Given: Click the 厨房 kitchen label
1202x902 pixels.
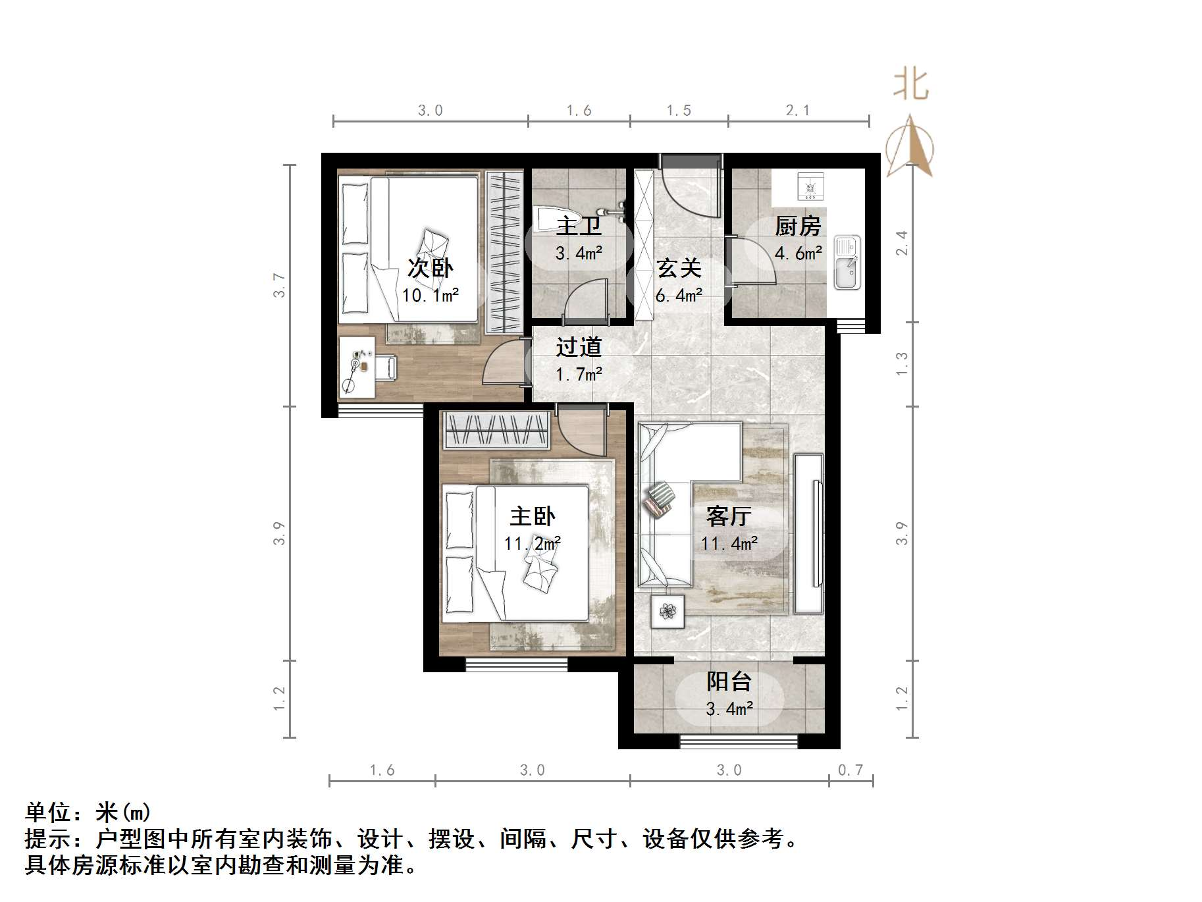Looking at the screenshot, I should click(x=798, y=226).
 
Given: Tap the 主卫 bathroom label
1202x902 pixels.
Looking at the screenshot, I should click(x=579, y=226).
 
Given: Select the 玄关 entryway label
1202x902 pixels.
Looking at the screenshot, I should click(x=679, y=268).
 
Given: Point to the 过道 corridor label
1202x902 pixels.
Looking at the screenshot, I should click(x=579, y=347).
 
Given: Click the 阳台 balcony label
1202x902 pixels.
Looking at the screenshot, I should click(x=729, y=681).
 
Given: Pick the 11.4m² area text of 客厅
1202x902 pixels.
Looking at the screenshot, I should click(x=729, y=544).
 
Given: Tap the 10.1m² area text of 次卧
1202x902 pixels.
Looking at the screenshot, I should click(x=431, y=295).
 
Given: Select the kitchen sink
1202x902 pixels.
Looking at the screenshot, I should click(x=847, y=263).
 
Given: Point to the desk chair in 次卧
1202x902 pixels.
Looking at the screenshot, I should click(x=386, y=367).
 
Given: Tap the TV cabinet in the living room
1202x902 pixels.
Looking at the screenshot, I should click(x=808, y=533).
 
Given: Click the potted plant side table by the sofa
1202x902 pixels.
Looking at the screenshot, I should click(x=667, y=612).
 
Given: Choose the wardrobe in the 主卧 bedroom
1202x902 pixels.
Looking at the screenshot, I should click(x=496, y=431).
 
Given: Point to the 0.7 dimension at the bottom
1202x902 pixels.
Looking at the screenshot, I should click(x=850, y=770).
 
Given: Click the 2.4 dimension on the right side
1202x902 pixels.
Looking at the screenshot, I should click(x=902, y=243).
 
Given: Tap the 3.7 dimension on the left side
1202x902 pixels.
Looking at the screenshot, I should click(x=280, y=285).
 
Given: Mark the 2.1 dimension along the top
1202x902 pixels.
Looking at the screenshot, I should click(x=798, y=111).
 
